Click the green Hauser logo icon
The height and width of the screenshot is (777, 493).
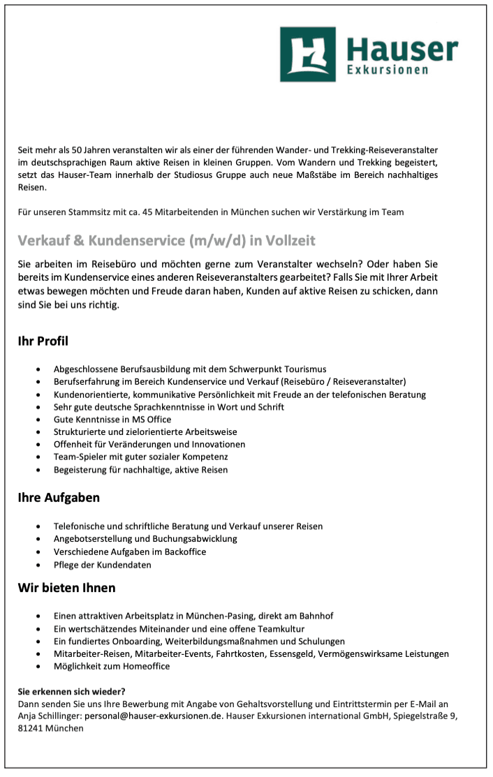pyautogui.click(x=307, y=54)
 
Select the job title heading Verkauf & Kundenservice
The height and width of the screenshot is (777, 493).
pyautogui.click(x=166, y=241)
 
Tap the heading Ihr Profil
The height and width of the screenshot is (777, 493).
pyautogui.click(x=43, y=341)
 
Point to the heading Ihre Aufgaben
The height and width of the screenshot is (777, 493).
pyautogui.click(x=59, y=498)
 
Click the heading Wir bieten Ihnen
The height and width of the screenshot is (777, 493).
pyautogui.click(x=66, y=588)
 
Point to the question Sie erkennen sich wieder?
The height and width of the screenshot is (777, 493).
pyautogui.click(x=71, y=692)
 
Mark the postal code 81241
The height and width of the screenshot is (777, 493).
pyautogui.click(x=30, y=728)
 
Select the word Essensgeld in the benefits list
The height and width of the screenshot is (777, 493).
pyautogui.click(x=307, y=653)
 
